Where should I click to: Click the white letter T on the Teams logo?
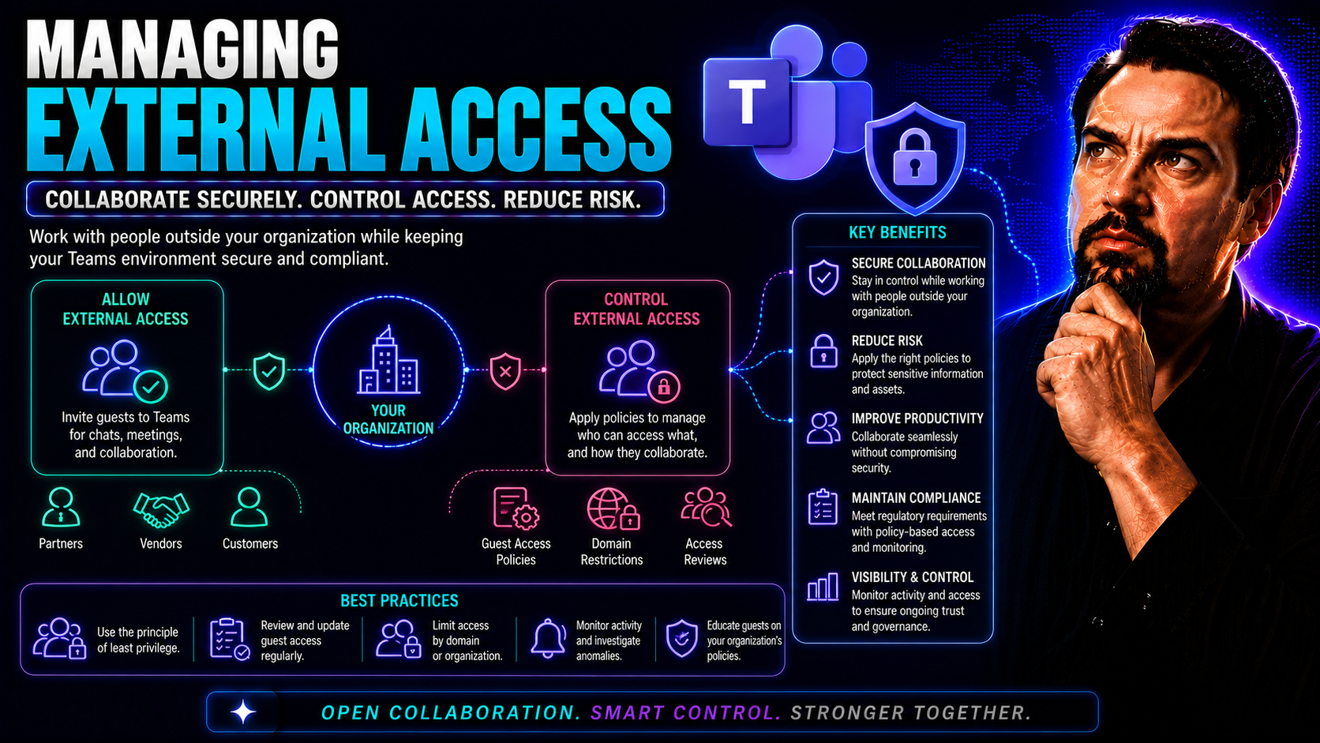[x=747, y=101]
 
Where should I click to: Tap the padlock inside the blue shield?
[x=914, y=157]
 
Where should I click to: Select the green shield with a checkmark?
[x=269, y=371]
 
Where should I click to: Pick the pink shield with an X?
[x=505, y=371]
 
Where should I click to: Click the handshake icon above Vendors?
[x=161, y=509]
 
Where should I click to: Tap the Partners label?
[x=61, y=543]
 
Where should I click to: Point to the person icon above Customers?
[x=249, y=507]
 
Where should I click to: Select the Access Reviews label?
[x=705, y=551]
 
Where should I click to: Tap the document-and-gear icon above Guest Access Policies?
[x=516, y=508]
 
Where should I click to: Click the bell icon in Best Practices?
[x=549, y=638]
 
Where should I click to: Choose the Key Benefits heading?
[x=898, y=233]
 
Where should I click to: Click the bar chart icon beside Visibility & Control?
[x=823, y=587]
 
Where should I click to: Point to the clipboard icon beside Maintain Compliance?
[x=823, y=507]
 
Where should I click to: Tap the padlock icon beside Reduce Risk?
[x=824, y=351]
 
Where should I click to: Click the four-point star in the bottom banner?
[x=243, y=712]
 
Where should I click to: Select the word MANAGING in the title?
[x=182, y=50]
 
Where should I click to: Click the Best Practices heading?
[x=399, y=601]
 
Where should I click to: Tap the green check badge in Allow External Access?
[x=151, y=387]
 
